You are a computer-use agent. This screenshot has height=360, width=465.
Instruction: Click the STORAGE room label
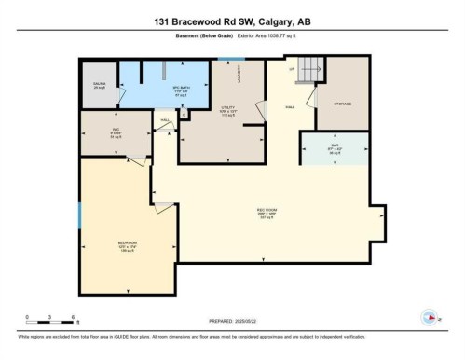coord(342,104)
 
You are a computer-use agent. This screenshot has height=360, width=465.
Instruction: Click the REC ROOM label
coord(267,210)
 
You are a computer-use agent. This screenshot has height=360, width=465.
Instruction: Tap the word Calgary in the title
coord(277,21)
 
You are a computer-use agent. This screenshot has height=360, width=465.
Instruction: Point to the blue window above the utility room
coord(224,60)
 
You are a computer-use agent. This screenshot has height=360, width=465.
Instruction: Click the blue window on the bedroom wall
coord(80,215)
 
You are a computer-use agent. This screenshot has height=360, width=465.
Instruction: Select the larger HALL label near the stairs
coord(290,107)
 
